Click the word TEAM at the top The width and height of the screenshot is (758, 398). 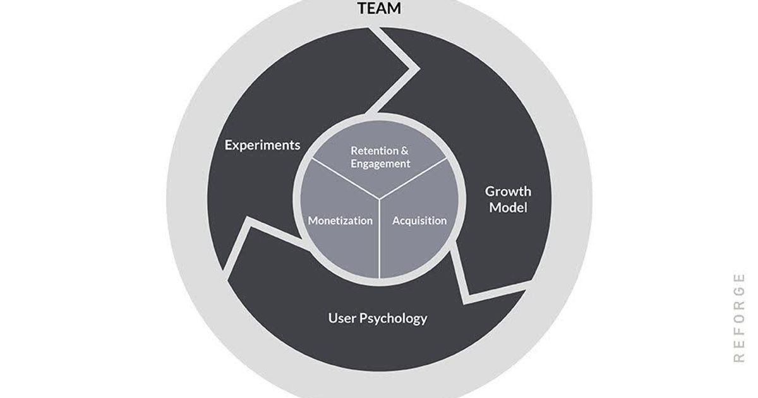379,8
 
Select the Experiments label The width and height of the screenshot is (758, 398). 263,145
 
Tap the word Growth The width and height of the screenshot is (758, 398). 508,191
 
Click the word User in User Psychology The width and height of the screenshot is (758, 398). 342,318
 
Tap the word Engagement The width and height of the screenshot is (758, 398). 380,164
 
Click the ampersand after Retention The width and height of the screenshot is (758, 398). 406,151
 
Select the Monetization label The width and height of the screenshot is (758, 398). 340,220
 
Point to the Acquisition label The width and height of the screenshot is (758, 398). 419,220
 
